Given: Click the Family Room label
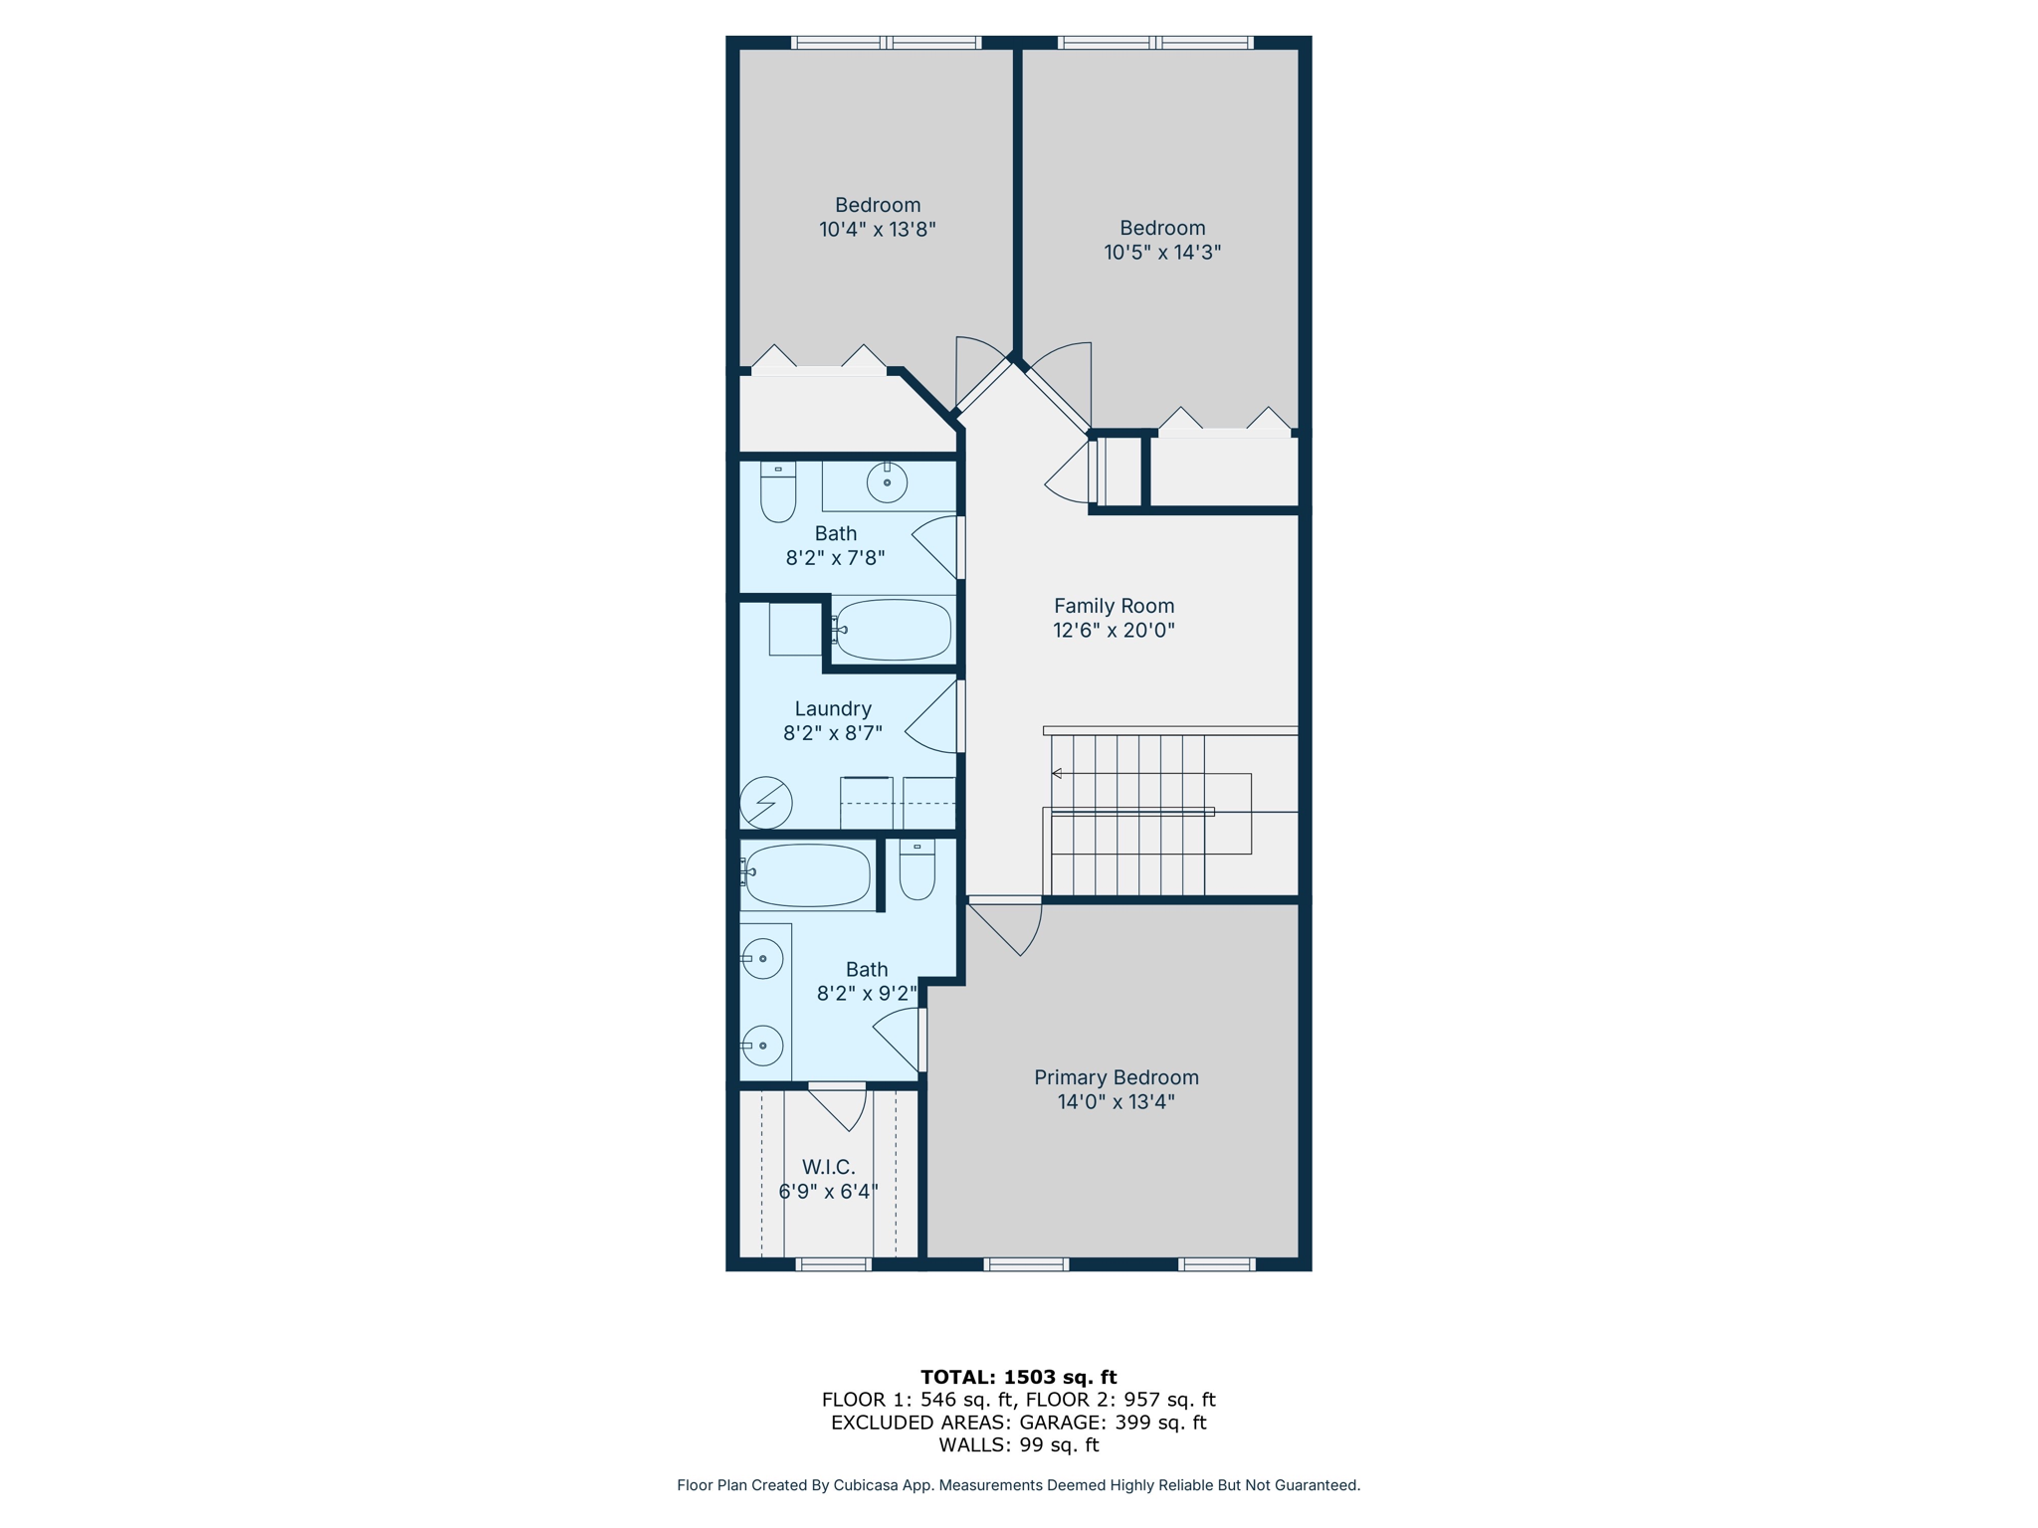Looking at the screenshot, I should [x=1114, y=606].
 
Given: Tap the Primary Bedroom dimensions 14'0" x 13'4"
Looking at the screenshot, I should [x=1116, y=1101].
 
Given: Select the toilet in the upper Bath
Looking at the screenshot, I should [x=778, y=492].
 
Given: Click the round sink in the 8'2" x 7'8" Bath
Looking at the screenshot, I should [x=887, y=482].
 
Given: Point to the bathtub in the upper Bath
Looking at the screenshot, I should [x=893, y=630].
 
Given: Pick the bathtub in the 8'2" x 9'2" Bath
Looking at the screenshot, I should [x=807, y=875].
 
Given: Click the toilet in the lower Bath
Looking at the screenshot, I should [x=917, y=870].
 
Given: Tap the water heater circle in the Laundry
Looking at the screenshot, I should [x=766, y=802].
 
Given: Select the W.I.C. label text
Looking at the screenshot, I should [x=828, y=1167].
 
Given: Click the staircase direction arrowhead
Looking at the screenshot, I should [x=1057, y=773].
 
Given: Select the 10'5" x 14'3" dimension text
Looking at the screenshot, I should [x=1161, y=252].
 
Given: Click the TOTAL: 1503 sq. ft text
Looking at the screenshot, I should [x=1018, y=1377].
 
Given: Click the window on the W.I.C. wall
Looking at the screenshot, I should [x=834, y=1264].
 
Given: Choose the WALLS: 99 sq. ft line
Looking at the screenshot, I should [x=1018, y=1444].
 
